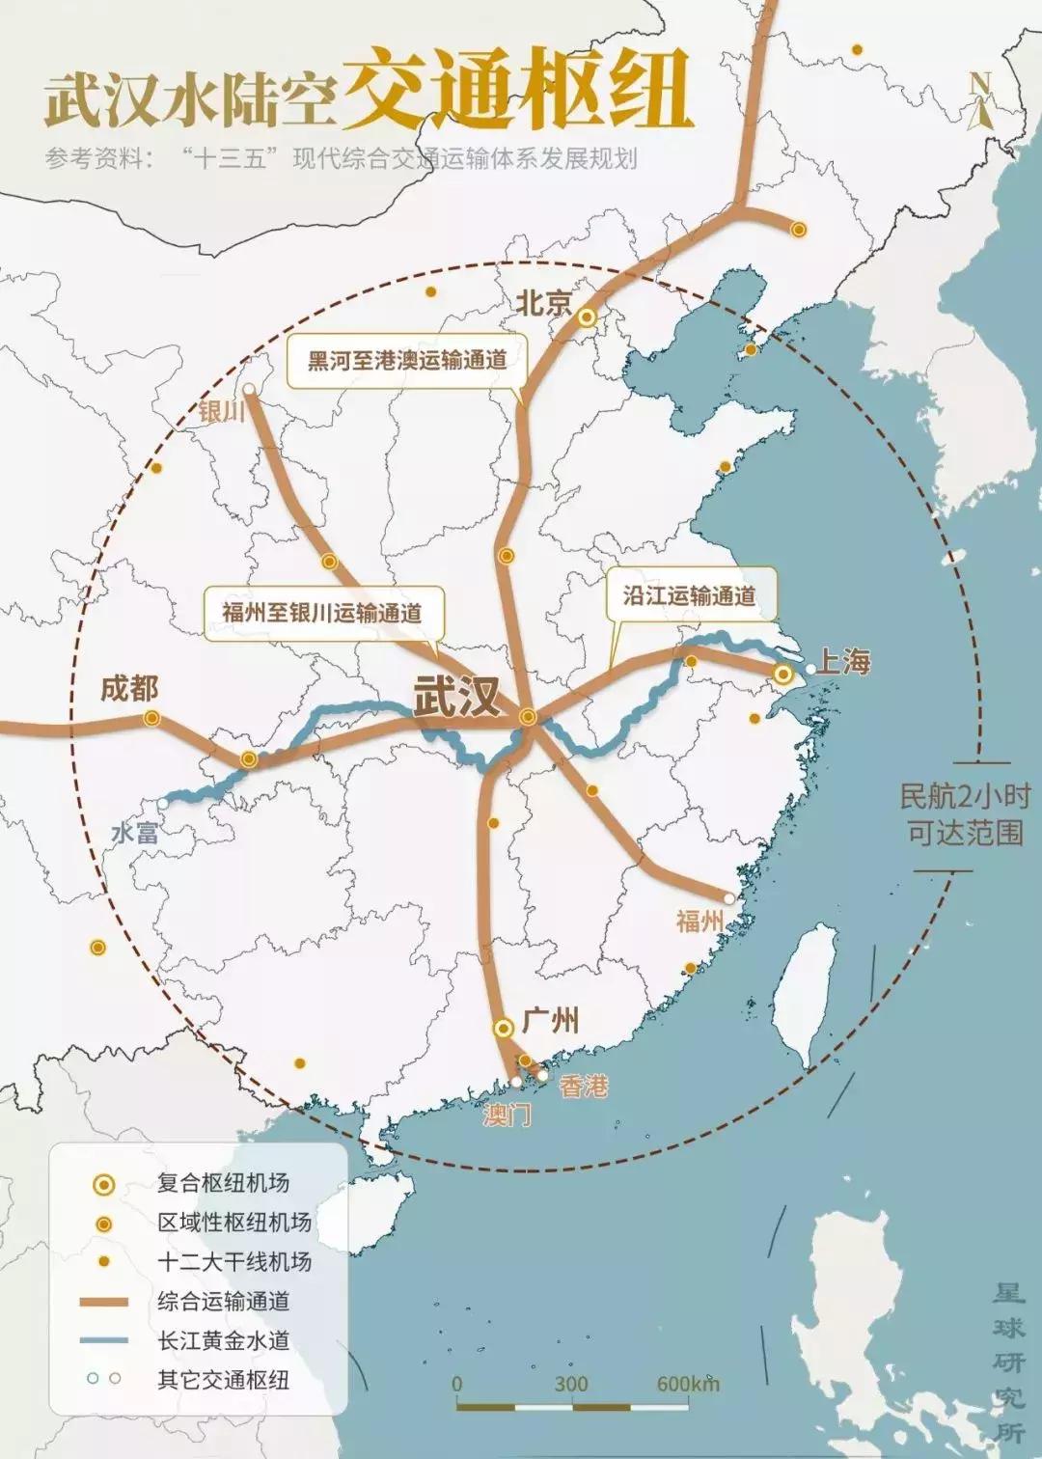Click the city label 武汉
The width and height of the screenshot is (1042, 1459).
pyautogui.click(x=457, y=695)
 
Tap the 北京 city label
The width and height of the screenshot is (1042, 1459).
pyautogui.click(x=544, y=303)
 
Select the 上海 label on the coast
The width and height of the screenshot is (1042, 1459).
pyautogui.click(x=844, y=662)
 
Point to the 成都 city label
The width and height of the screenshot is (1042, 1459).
pyautogui.click(x=129, y=689)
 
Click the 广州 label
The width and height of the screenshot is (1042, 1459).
pyautogui.click(x=550, y=1020)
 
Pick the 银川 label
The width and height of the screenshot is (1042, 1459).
pyautogui.click(x=222, y=411)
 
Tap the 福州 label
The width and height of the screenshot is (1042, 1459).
pyautogui.click(x=699, y=921)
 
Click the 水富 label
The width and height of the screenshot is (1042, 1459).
pyautogui.click(x=135, y=833)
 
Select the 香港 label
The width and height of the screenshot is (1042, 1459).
pyautogui.click(x=584, y=1087)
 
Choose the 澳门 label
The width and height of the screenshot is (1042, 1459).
pyautogui.click(x=507, y=1115)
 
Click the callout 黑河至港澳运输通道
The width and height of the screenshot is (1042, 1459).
pyautogui.click(x=407, y=360)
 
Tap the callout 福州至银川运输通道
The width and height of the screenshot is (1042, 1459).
pyautogui.click(x=322, y=612)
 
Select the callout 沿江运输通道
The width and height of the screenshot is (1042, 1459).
pyautogui.click(x=689, y=595)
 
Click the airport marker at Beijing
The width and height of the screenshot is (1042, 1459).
pyautogui.click(x=588, y=317)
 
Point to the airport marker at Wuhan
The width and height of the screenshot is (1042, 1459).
pyautogui.click(x=528, y=717)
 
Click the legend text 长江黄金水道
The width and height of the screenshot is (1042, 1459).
pyautogui.click(x=223, y=1340)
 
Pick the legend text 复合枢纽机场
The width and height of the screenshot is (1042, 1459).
pyautogui.click(x=223, y=1183)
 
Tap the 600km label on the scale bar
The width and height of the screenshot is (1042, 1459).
pyautogui.click(x=687, y=1384)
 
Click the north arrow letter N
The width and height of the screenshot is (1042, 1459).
pyautogui.click(x=979, y=85)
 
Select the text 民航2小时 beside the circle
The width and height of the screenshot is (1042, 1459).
pyautogui.click(x=964, y=796)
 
